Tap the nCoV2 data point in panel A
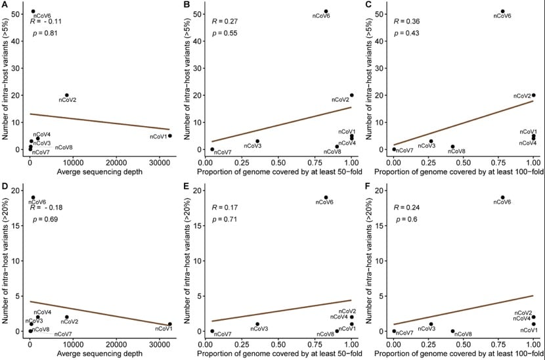tap(66, 95)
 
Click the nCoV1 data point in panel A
tap(169, 136)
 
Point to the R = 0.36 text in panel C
tap(406, 22)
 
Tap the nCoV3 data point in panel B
tap(257, 141)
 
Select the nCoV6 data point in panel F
tap(502, 197)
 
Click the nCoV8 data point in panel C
tap(452, 146)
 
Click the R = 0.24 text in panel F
tap(406, 208)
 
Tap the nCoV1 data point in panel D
tap(169, 324)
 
